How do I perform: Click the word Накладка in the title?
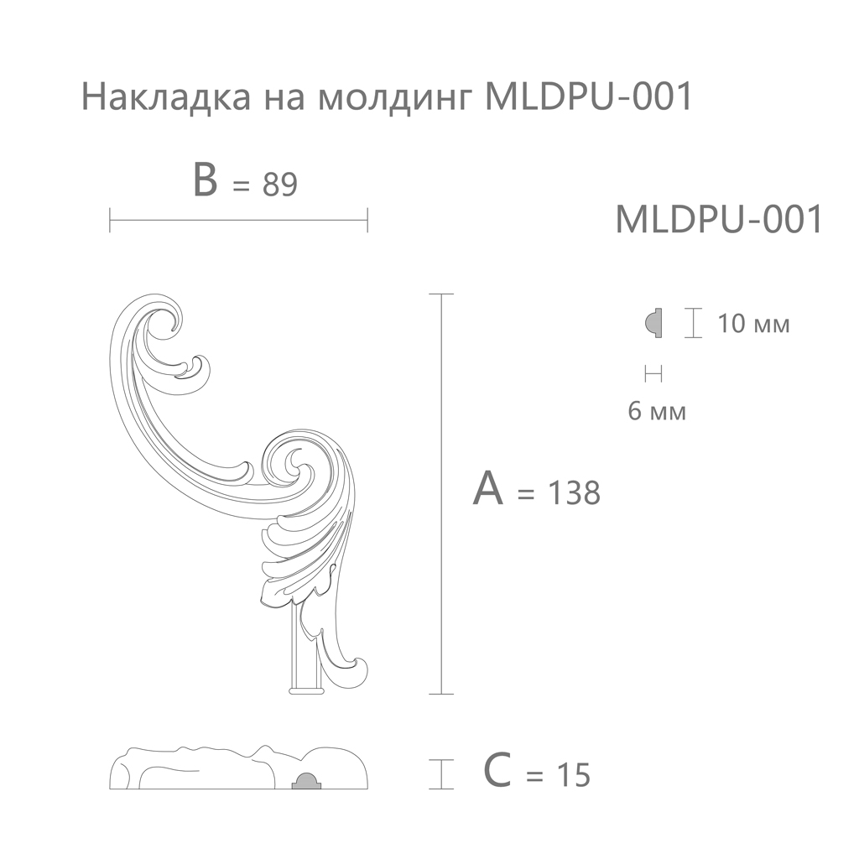coord(166,97)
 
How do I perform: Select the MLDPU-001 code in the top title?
coord(589,96)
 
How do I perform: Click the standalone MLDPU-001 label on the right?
coord(719,219)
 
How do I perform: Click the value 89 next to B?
coord(279,184)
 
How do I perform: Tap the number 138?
coord(574,492)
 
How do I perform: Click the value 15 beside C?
coord(573,775)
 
